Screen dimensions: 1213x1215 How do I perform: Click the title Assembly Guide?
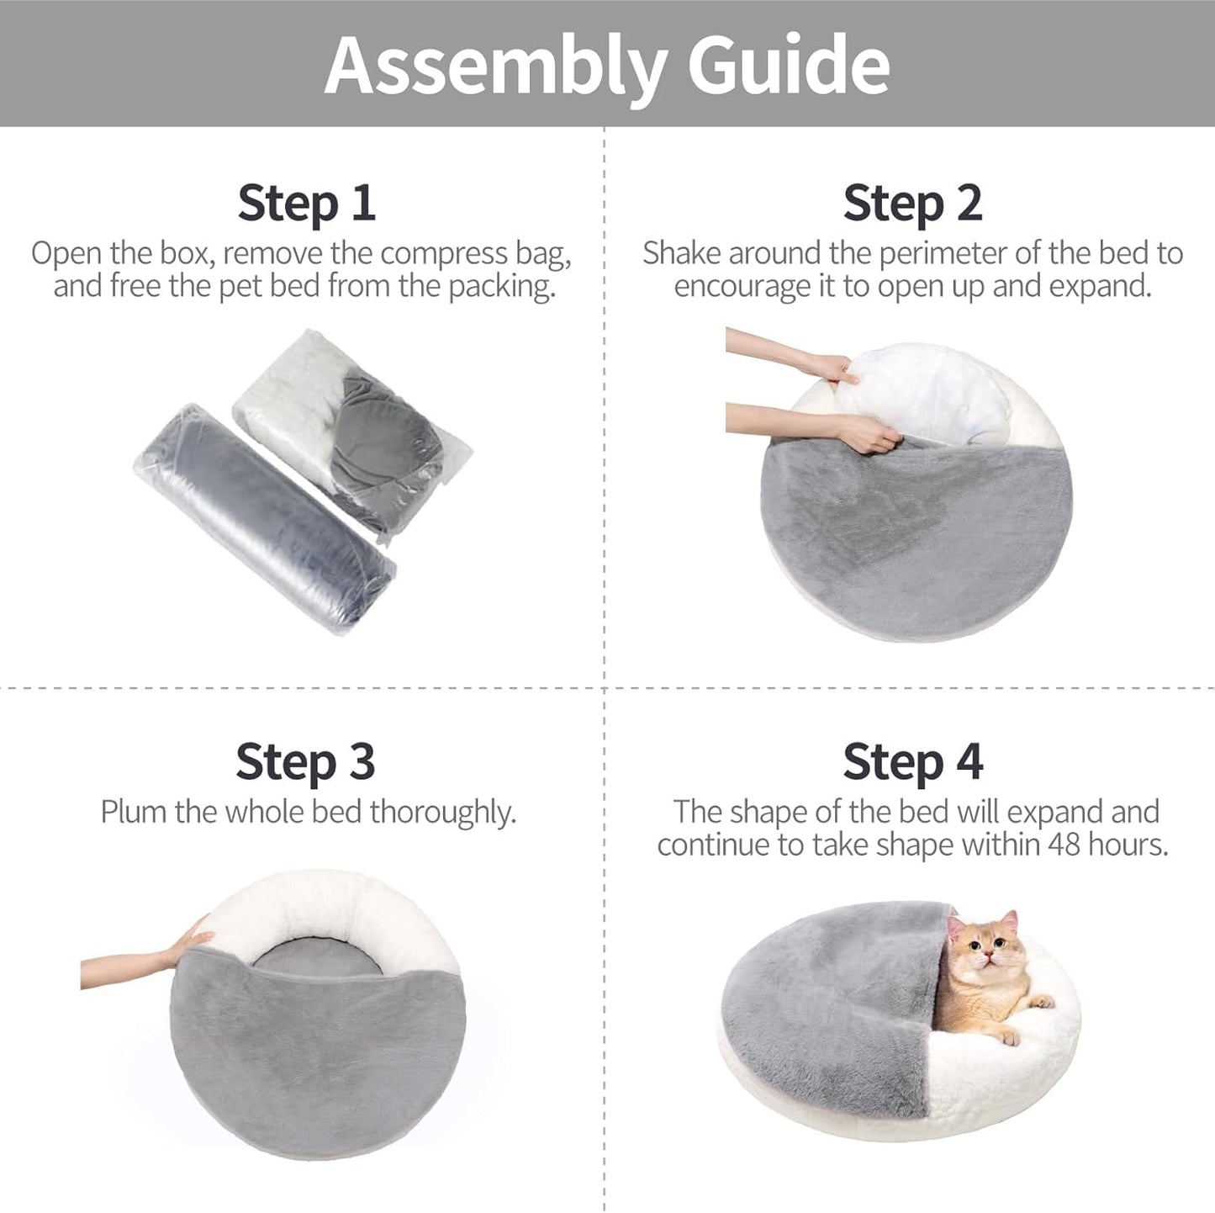[607, 66]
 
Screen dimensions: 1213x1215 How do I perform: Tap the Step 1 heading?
[306, 203]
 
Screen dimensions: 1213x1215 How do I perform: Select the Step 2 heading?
[912, 203]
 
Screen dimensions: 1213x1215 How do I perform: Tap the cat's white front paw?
[1041, 1001]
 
